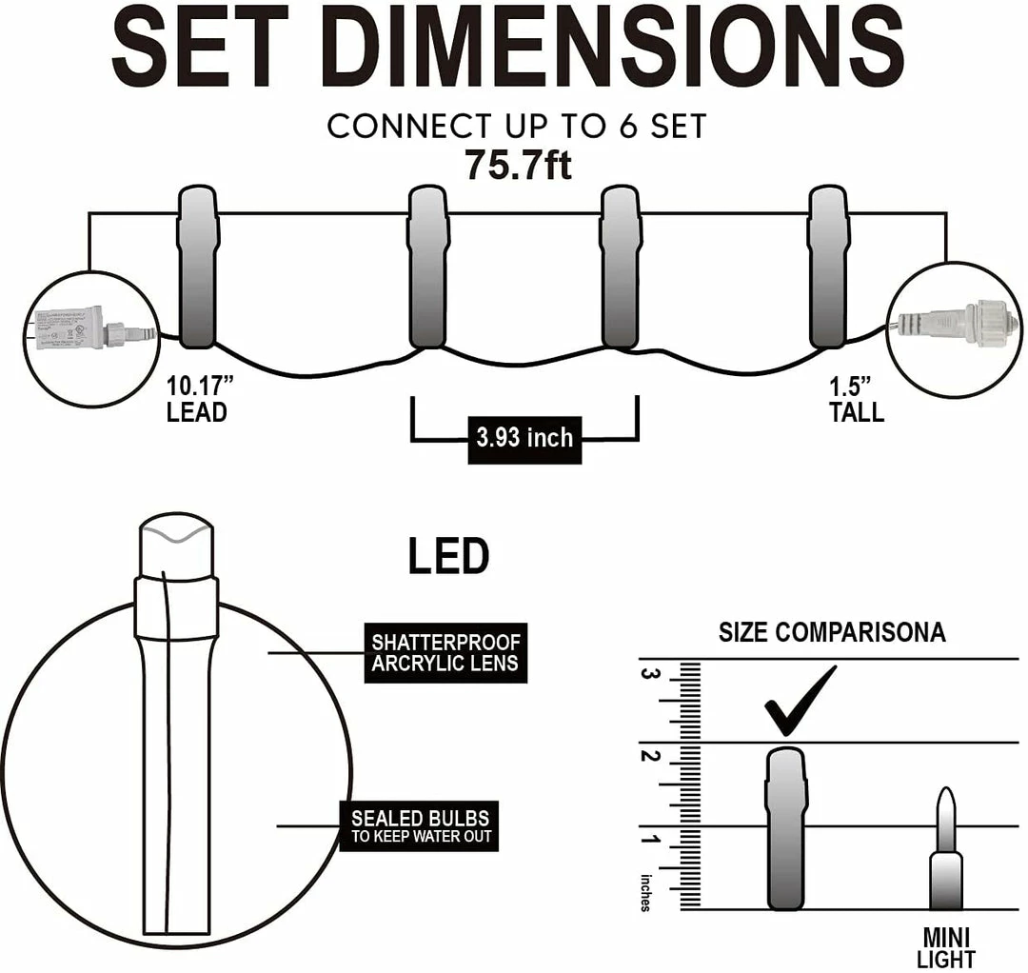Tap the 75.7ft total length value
pos(518,165)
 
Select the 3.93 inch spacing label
pos(524,438)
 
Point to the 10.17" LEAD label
pos(197,400)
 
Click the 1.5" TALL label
pos(856,399)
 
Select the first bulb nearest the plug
pos(199,268)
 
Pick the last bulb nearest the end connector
pos(828,268)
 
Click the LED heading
pos(448,557)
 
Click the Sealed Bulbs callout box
pos(420,825)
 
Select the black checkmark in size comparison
pos(800,701)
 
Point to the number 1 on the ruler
pos(652,841)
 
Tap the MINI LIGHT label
pos(945,947)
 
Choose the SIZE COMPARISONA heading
pos(832,632)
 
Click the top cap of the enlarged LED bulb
pos(178,543)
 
